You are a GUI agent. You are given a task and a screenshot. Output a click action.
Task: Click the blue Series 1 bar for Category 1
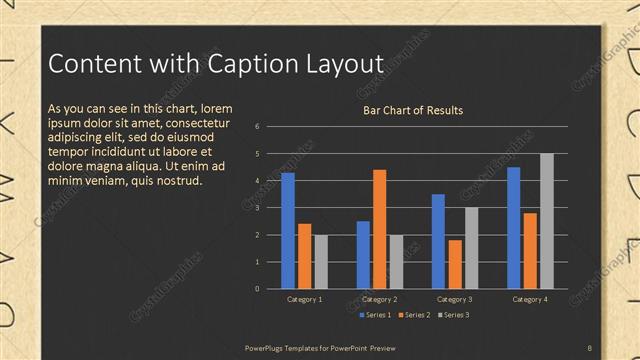(x=288, y=231)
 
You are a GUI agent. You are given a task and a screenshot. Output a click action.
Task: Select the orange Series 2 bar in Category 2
(x=379, y=229)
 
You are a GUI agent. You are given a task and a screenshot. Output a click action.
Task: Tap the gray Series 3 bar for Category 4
(x=546, y=221)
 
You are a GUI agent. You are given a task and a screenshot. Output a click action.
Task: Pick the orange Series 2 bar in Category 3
(x=455, y=264)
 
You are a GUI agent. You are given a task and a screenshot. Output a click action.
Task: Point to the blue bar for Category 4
(x=514, y=228)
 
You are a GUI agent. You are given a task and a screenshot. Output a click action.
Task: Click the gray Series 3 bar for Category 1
(x=320, y=262)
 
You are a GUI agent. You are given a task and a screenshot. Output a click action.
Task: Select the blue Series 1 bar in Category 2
(x=363, y=255)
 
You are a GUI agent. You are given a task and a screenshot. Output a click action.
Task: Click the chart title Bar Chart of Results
(x=412, y=110)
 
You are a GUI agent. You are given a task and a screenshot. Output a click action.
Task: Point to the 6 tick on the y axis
(x=257, y=127)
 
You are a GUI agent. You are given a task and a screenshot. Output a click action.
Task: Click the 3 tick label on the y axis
(x=257, y=208)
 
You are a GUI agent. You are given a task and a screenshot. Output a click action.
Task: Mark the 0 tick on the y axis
(x=257, y=289)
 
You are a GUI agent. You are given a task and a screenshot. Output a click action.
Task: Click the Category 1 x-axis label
(x=304, y=299)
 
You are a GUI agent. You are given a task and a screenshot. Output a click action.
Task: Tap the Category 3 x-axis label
(x=455, y=299)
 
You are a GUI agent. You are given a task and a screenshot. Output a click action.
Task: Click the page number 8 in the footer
(x=589, y=347)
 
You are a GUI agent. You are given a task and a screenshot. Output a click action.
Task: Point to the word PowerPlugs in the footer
(x=265, y=347)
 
